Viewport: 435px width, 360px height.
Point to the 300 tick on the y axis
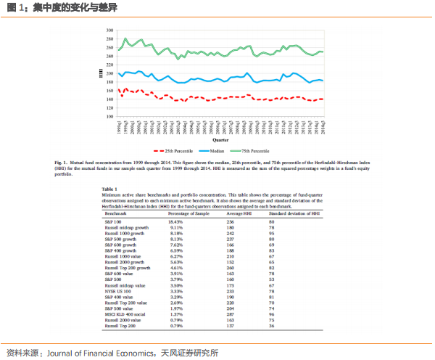[109, 31]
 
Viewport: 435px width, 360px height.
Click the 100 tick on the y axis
[109, 116]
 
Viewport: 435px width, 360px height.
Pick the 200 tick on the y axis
[109, 73]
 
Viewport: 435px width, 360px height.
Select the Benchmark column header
[116, 215]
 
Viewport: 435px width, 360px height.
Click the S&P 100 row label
[114, 221]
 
